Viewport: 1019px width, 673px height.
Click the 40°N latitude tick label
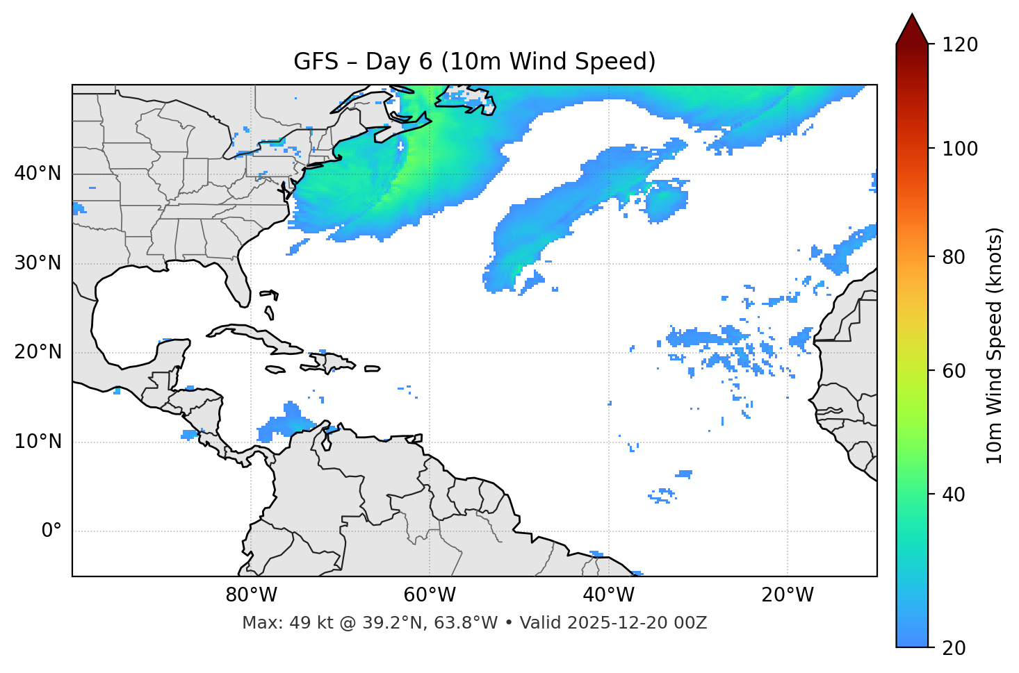38,174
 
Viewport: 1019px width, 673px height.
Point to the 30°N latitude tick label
38,263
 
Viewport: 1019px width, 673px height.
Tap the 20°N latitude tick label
38,352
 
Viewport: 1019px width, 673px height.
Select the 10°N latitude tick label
38,442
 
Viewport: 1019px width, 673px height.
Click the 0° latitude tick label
51,531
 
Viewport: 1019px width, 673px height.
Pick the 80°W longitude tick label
251,595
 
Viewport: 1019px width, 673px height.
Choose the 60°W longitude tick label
430,595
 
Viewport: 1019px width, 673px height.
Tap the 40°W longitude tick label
608,595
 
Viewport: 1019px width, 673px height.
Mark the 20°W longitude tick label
788,595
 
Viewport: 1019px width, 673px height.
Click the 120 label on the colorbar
959,45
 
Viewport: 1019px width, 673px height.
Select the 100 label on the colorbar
959,149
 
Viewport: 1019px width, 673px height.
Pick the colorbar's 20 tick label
954,648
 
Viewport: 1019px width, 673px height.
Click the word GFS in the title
316,62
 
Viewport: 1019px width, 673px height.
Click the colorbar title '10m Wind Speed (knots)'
995,346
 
